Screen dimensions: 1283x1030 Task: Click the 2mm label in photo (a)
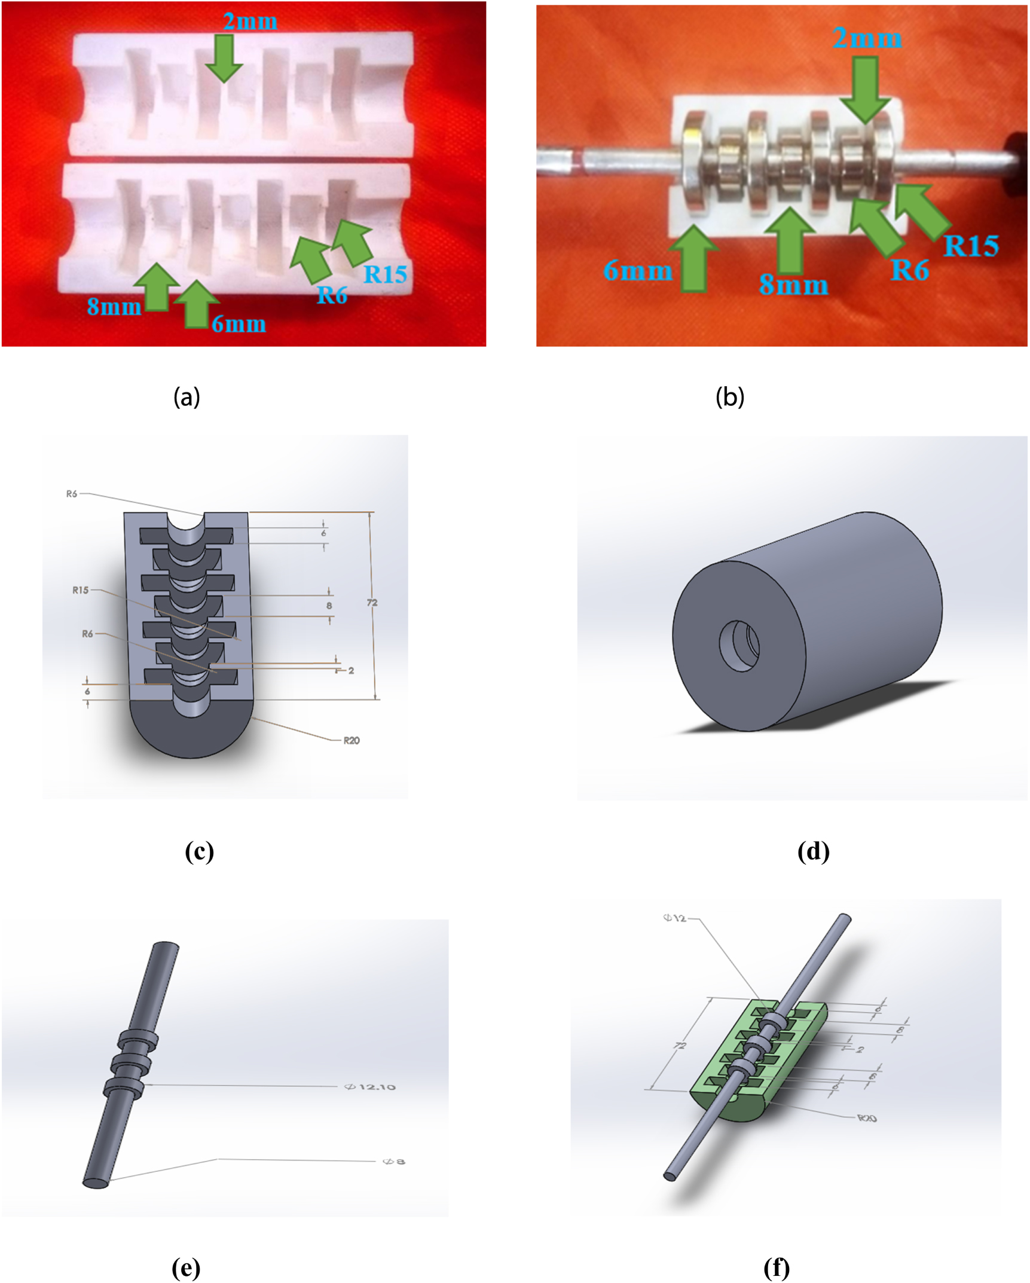(x=250, y=22)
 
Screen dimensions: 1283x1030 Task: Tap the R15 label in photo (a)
(x=385, y=274)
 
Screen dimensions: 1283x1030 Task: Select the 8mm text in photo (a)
(x=114, y=307)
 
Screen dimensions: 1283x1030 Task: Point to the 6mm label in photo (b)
(x=637, y=271)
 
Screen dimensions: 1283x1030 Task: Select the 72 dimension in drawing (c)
(x=372, y=603)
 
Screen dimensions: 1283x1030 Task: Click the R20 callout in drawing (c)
(x=351, y=741)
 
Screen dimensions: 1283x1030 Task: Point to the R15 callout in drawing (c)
(x=80, y=590)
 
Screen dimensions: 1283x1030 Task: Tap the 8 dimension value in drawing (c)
(x=329, y=606)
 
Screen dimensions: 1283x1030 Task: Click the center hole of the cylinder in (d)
(x=739, y=646)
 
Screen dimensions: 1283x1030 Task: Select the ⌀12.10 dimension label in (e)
(x=370, y=1087)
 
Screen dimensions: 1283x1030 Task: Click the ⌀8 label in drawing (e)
(x=393, y=1162)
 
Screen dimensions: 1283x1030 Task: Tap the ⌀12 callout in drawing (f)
(x=674, y=918)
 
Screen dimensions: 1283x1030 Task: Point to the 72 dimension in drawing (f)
(x=680, y=1046)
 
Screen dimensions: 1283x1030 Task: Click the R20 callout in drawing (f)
(x=867, y=1118)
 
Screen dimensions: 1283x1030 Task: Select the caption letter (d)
(x=813, y=851)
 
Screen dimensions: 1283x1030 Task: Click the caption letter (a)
(x=187, y=396)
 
